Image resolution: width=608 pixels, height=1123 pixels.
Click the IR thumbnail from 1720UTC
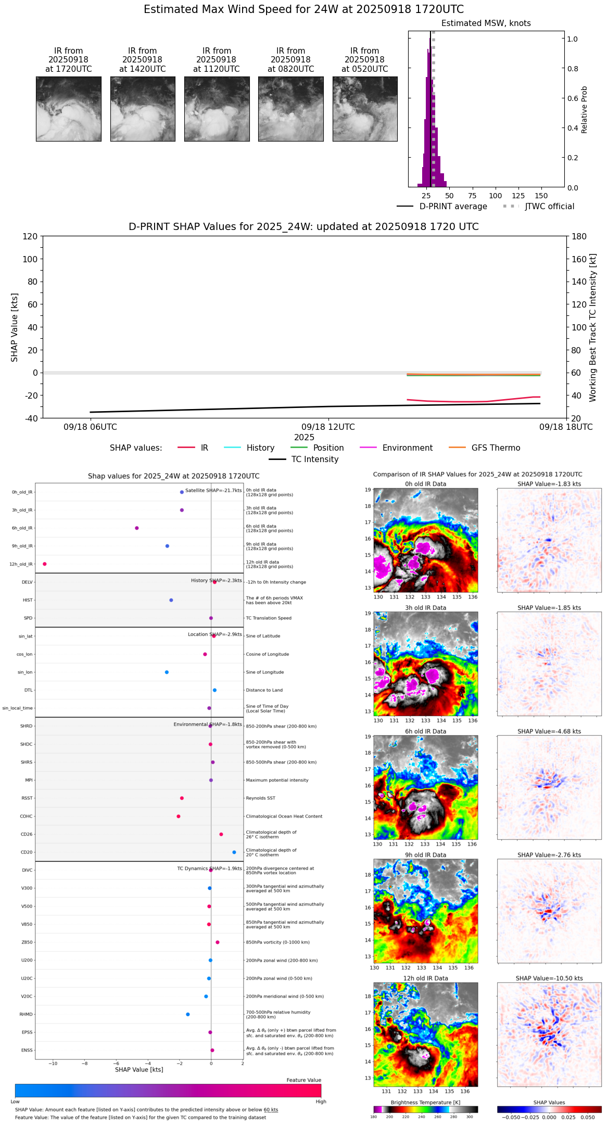pos(68,109)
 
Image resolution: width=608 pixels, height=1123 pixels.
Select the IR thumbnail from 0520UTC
pos(364,109)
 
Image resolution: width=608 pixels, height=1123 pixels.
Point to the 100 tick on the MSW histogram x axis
pos(495,196)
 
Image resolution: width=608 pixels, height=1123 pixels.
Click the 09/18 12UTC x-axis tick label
pos(328,427)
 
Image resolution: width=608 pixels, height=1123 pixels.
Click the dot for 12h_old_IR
pos(45,564)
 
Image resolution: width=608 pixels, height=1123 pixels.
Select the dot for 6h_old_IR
pos(137,528)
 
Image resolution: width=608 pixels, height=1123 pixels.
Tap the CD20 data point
pos(234,852)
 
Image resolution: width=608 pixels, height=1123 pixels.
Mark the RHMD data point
pos(188,1014)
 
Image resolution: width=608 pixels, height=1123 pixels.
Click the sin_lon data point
pos(167,672)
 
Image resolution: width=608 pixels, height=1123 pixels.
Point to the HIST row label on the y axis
pos(28,600)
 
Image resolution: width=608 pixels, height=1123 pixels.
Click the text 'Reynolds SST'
pos(261,798)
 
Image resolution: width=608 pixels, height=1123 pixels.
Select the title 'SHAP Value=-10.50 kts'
pos(549,978)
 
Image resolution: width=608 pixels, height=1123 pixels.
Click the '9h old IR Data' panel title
pos(425,855)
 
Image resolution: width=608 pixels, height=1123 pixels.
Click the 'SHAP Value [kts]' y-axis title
pos(15,327)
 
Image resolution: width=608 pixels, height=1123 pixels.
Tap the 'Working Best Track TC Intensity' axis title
pos(592,328)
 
